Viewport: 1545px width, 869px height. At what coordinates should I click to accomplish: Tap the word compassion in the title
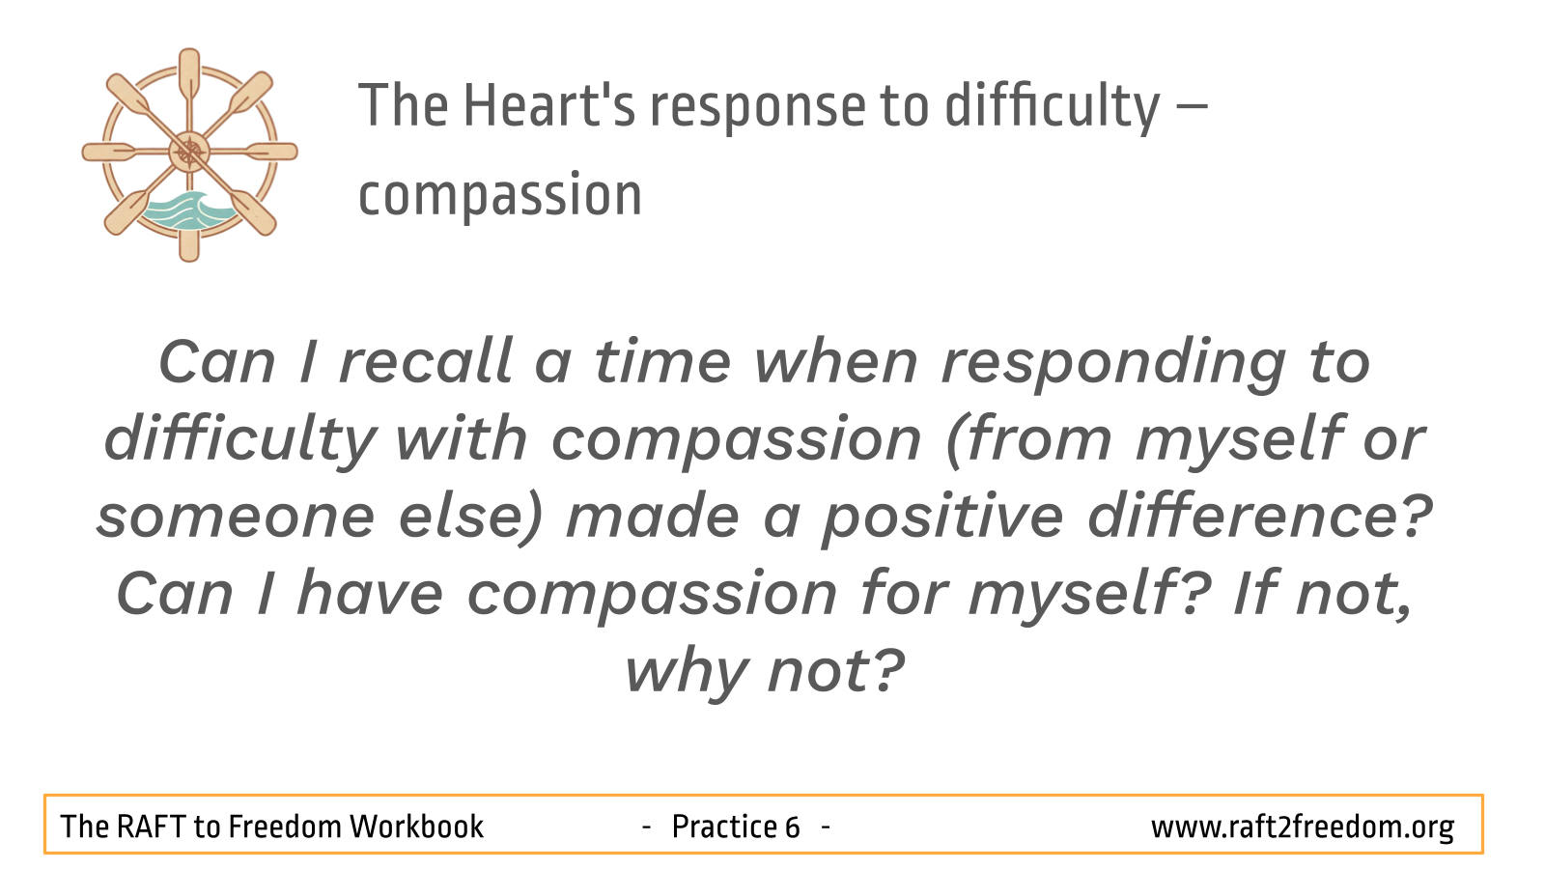coord(500,196)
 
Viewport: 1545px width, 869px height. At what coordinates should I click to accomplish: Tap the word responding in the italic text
coord(1114,366)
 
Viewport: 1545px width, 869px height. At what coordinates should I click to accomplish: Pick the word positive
coord(942,519)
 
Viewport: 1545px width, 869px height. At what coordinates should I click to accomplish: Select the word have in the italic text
coord(370,592)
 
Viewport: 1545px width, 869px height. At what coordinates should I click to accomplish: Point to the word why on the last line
coord(686,673)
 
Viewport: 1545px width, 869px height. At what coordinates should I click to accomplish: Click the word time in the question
coord(662,361)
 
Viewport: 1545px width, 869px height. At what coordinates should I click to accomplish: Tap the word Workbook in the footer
coord(416,827)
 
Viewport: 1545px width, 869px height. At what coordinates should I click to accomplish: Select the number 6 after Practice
coord(792,827)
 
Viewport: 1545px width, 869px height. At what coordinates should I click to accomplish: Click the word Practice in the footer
coord(725,827)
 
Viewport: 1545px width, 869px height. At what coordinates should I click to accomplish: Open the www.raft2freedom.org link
coord(1303,827)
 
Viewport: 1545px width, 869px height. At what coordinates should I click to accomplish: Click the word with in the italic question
coord(462,438)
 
